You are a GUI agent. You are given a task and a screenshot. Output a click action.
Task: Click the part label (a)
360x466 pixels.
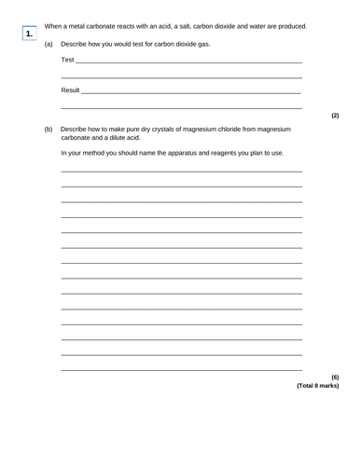coord(48,44)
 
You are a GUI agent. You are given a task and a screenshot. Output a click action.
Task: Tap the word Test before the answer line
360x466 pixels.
coord(67,61)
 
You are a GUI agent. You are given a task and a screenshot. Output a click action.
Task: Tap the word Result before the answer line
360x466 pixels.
coord(70,91)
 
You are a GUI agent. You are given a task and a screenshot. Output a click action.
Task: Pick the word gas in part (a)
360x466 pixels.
coord(194,44)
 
